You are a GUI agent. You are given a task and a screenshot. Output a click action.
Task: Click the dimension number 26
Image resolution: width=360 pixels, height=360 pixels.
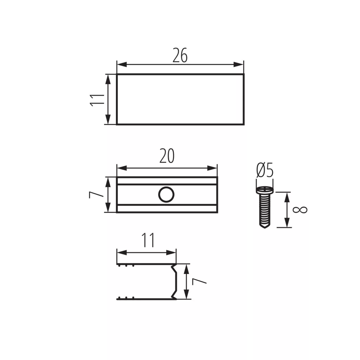180,55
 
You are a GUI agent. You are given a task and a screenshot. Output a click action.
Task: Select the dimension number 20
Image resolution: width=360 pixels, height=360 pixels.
167,156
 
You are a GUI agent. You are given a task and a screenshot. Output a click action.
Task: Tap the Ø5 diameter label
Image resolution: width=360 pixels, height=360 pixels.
265,170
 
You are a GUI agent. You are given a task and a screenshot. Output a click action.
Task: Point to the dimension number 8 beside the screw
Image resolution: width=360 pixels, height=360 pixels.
300,210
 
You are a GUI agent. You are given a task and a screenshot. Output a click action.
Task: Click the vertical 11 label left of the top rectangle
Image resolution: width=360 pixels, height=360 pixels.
97,100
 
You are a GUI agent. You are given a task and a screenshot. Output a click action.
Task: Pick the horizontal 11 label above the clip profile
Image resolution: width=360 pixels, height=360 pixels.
148,240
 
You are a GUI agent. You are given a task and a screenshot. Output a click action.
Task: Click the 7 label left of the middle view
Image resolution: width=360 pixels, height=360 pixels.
96,195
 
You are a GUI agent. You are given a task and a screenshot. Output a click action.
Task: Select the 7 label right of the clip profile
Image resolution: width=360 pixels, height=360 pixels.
199,281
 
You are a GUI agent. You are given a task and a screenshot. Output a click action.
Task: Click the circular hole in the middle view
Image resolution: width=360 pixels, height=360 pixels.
166,195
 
